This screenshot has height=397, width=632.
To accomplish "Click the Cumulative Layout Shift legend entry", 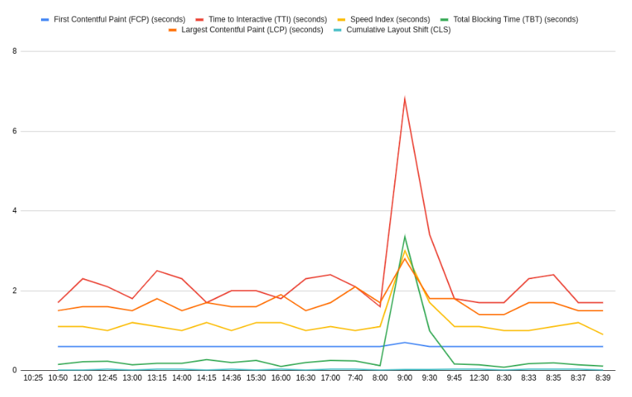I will [398, 30].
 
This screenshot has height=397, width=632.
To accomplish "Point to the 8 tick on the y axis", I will [14, 51].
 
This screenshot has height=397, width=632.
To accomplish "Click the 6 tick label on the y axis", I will [14, 131].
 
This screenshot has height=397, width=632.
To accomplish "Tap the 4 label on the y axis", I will [14, 211].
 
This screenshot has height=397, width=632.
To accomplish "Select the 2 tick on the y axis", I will [14, 291].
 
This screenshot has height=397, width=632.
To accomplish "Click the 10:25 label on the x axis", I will [34, 378].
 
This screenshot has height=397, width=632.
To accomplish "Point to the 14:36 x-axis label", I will [231, 378].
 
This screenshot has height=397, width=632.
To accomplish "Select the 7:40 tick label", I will [355, 378].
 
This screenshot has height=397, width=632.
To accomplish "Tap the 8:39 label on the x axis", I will [603, 378].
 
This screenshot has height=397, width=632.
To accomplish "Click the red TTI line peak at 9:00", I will [405, 99].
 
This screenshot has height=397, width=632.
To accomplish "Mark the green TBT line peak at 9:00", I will [405, 237].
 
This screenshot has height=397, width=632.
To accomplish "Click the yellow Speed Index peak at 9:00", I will [405, 251].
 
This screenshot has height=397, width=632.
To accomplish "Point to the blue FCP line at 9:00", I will [405, 343].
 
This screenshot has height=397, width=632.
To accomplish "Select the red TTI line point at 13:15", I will [157, 271].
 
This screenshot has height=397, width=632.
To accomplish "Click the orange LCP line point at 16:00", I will [281, 295].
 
